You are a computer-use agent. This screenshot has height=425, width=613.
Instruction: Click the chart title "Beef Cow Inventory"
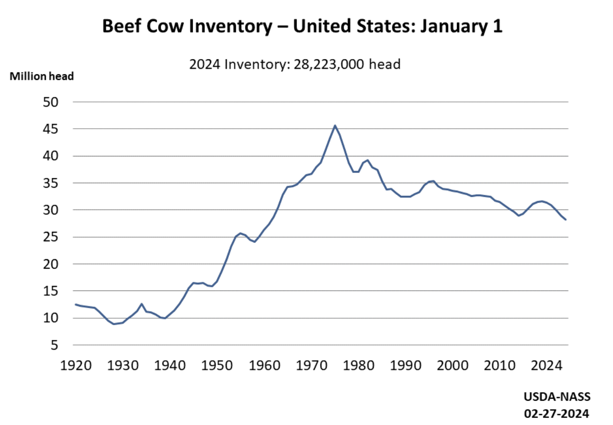pos(187,26)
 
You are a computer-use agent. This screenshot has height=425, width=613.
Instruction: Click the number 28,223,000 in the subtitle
pos(329,64)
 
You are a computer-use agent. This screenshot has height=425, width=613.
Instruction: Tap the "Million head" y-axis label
pos(42,76)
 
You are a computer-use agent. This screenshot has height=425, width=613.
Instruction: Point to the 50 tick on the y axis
pos(51,102)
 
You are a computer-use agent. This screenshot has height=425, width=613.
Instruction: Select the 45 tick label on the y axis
pos(51,129)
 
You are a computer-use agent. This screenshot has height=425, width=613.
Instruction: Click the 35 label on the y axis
pos(51,183)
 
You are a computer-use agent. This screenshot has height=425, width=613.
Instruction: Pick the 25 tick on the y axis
pos(51,237)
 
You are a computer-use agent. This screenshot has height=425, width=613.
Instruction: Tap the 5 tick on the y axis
pos(54,345)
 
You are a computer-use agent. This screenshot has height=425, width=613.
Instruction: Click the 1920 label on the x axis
pos(76,366)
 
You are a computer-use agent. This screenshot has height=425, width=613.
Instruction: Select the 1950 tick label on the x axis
pos(217,366)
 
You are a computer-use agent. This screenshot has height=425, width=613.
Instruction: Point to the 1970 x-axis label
pos(311,366)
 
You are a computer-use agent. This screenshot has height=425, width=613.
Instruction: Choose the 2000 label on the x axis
pos(453,366)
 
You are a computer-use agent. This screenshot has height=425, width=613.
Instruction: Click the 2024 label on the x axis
pos(547,366)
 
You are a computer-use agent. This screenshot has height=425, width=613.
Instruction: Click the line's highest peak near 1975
pos(335,125)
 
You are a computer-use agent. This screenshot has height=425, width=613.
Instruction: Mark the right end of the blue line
pos(565,220)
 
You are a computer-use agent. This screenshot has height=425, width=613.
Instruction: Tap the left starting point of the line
pos(75,305)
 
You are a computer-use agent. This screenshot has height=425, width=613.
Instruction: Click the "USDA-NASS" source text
pos(557,397)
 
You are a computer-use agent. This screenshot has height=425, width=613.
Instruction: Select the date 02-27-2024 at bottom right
pos(556,413)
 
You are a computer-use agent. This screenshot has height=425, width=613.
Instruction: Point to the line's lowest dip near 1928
pos(114,324)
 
